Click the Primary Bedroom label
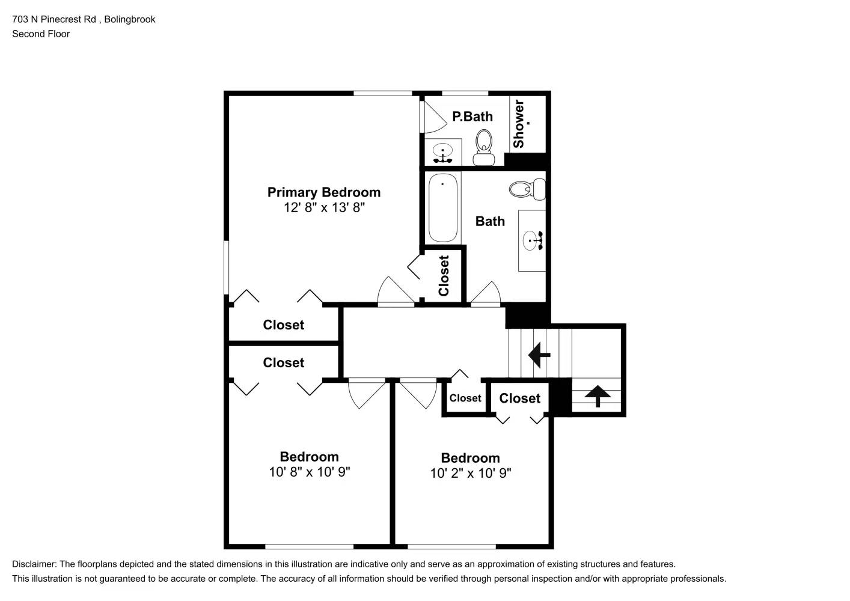click(323, 192)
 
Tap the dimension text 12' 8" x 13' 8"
click(325, 208)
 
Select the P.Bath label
click(472, 117)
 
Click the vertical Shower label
click(519, 124)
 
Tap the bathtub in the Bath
click(442, 207)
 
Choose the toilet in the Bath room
click(527, 189)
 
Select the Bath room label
click(490, 221)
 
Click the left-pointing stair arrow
click(539, 355)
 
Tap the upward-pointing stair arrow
click(598, 396)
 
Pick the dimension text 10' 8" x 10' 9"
click(310, 472)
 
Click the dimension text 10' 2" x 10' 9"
click(471, 474)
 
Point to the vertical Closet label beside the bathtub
click(444, 276)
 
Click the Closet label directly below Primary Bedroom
click(283, 325)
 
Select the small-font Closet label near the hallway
click(465, 398)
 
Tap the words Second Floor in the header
click(41, 34)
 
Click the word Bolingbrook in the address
click(130, 19)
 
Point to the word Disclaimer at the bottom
click(34, 564)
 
